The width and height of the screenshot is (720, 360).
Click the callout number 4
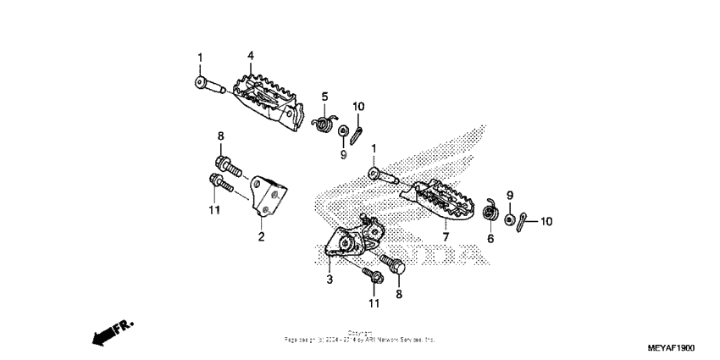pos(251,56)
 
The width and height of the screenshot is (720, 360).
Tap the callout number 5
pos(324,96)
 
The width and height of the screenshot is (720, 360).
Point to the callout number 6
pos(490,240)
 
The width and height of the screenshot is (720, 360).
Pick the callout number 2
pos(261,236)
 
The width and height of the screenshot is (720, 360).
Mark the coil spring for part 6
pos(489,213)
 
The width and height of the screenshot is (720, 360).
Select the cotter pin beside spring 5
pos(359,133)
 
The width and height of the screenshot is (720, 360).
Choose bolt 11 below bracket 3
pos(373,276)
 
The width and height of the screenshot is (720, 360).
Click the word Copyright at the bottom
pos(360,333)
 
